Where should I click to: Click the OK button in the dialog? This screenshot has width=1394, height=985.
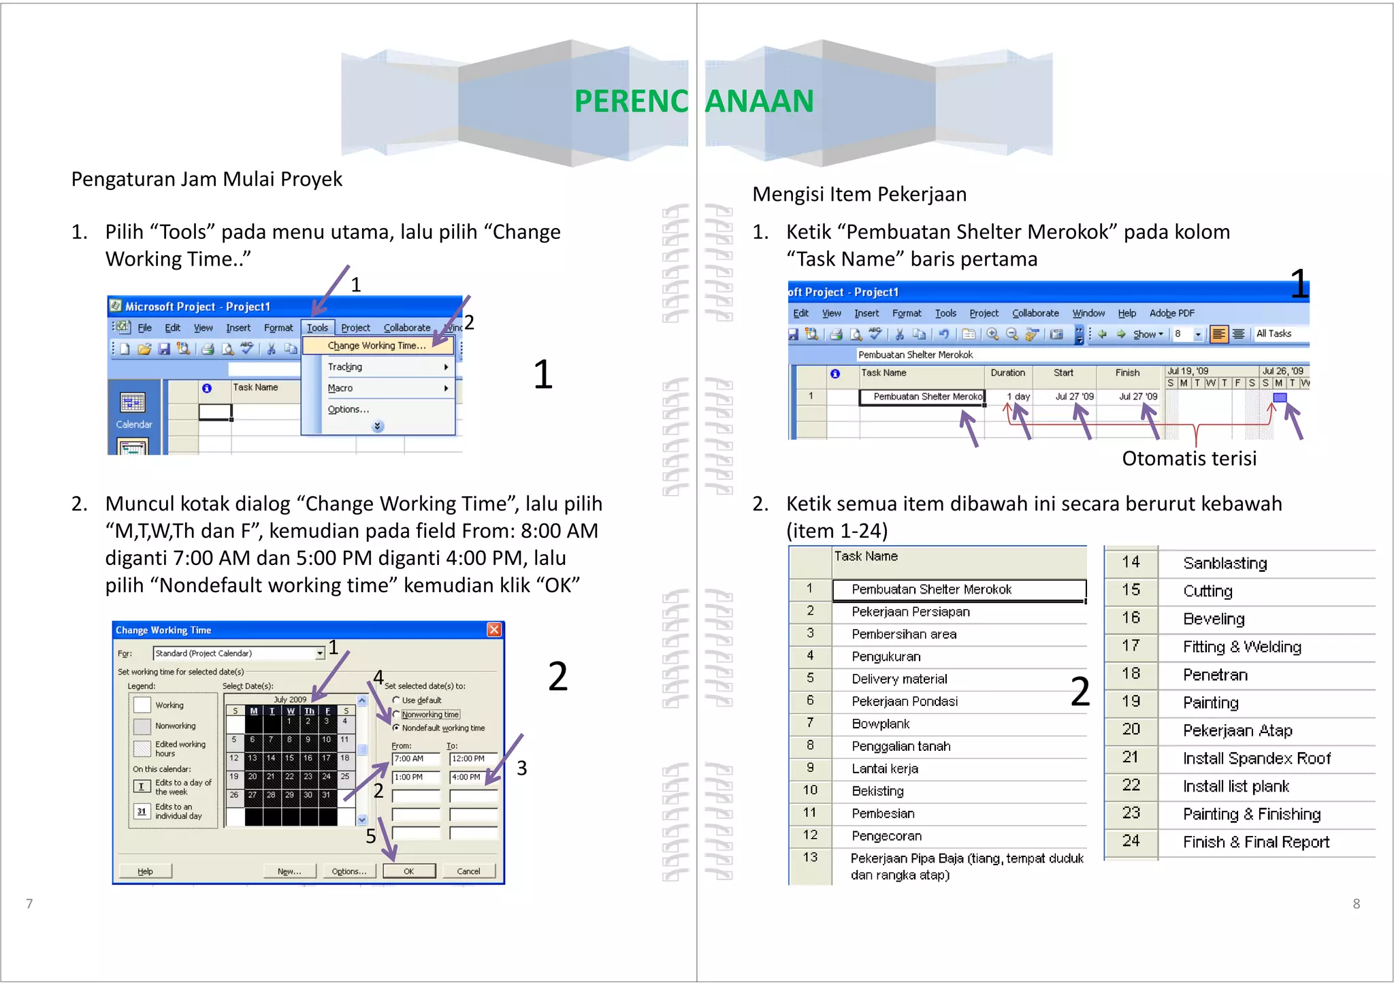pos(408,871)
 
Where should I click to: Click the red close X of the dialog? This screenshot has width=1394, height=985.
pos(494,630)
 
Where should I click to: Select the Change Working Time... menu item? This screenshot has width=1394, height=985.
pos(376,346)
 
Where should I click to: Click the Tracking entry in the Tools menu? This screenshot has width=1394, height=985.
pos(345,367)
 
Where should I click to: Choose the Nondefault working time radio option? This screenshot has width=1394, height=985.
pos(396,728)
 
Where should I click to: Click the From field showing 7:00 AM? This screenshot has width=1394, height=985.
pos(415,758)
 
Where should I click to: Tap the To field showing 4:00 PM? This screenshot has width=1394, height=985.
pos(472,777)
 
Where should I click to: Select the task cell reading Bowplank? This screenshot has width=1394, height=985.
pos(880,724)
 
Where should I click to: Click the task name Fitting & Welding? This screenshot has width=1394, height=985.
pos(1242,647)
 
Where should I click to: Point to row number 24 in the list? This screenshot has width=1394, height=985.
pos(1131,841)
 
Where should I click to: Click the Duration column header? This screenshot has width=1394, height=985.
pos(1007,373)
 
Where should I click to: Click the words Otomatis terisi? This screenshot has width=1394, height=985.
pos(1188,458)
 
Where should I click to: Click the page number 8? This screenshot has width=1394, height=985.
pos(1356,903)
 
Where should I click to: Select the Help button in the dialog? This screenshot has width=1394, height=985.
pos(145,871)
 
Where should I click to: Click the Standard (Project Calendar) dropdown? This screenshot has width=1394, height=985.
pos(238,653)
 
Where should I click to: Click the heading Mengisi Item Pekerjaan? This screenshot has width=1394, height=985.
pos(859,194)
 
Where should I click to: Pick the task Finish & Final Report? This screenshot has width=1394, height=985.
pos(1255,842)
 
